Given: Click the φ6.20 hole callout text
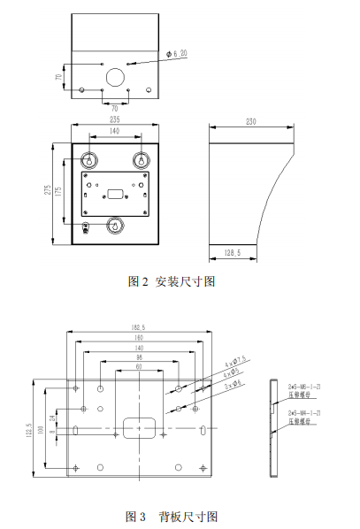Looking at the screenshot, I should point(178,55).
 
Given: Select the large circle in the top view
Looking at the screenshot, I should point(115,77).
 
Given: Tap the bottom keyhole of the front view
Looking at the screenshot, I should point(113,225).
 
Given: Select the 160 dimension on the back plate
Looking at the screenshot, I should point(140,338).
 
